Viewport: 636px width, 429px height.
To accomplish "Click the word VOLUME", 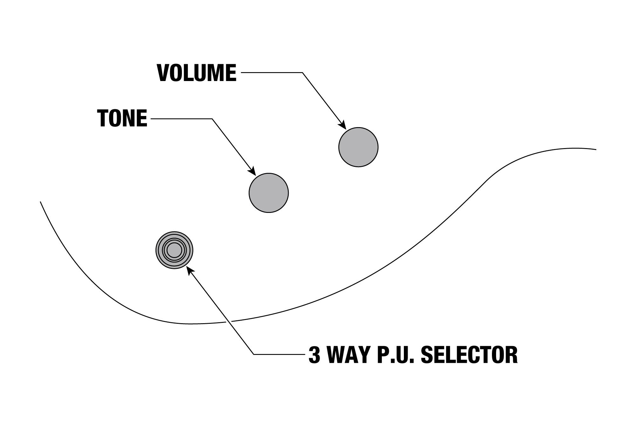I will coord(197,73).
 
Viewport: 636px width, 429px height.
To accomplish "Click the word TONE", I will coord(122,118).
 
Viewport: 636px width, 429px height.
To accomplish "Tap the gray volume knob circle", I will coord(358,147).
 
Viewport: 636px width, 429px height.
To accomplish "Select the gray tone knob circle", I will coord(269,193).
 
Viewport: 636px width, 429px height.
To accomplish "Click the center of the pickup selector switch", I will coord(174,250).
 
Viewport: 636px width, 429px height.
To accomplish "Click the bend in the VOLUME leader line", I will coord(302,73).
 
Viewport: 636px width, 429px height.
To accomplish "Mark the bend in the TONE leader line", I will coord(212,119).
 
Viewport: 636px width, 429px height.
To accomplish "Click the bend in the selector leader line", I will coord(253,354).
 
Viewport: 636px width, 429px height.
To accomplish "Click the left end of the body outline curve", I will coord(40,202).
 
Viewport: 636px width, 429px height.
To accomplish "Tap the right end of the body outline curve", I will coord(596,149).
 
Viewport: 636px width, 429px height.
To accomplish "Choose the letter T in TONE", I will coord(104,118).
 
